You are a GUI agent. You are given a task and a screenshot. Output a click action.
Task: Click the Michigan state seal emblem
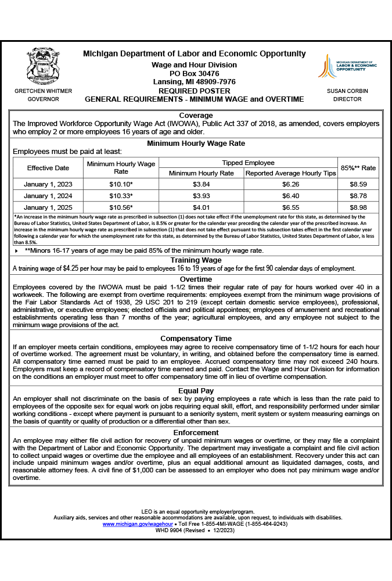[43, 66]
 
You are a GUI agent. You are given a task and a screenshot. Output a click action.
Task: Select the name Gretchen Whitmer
[43, 91]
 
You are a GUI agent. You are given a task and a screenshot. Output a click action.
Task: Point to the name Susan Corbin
[347, 91]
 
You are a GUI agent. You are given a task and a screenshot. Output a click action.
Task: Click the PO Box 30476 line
[194, 74]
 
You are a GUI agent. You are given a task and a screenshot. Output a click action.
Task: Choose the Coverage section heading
[196, 116]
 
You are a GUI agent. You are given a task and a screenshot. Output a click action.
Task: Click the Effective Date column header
[48, 168]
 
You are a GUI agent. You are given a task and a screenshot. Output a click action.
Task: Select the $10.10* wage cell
[121, 185]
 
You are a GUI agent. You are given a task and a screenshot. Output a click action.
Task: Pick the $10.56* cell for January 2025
[121, 207]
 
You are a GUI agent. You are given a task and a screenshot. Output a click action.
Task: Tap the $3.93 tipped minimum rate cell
[201, 196]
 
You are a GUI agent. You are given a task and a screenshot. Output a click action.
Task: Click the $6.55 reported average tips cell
[290, 207]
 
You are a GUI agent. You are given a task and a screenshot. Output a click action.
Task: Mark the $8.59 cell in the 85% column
[358, 185]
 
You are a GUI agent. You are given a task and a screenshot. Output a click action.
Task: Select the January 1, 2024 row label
[48, 196]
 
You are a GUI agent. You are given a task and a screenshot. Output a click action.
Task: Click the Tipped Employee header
[248, 163]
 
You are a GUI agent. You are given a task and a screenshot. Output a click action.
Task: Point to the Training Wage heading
[196, 260]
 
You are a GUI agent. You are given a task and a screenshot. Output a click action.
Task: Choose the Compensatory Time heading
[196, 339]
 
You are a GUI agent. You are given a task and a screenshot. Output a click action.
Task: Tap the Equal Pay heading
[196, 391]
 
